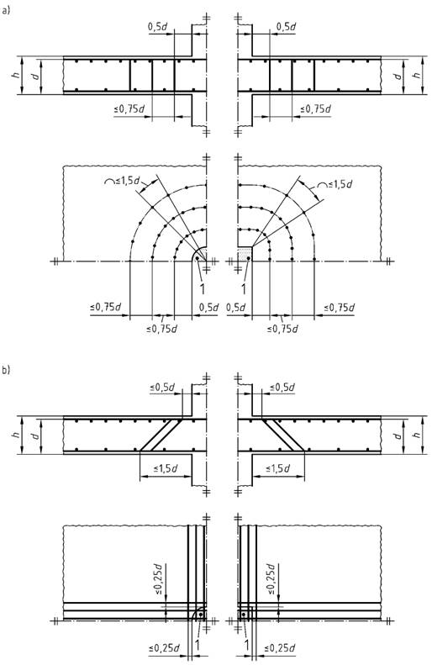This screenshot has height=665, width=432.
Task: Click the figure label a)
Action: pyautogui.click(x=6, y=12)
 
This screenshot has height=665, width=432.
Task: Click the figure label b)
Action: pyautogui.click(x=6, y=369)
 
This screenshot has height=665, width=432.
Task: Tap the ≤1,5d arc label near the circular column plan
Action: pyautogui.click(x=122, y=180)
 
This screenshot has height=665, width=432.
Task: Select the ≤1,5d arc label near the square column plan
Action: pyautogui.click(x=335, y=185)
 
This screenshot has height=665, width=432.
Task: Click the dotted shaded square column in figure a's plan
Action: pyautogui.click(x=245, y=254)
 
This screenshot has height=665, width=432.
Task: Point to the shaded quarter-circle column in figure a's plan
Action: pyautogui.click(x=201, y=256)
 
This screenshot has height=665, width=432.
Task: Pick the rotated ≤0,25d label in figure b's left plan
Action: pyautogui.click(x=158, y=579)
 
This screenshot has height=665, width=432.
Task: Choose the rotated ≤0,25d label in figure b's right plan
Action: pyautogui.click(x=271, y=579)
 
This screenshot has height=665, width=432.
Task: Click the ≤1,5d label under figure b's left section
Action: pyautogui.click(x=166, y=468)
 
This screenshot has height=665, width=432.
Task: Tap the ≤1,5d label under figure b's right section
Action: pyautogui.click(x=277, y=468)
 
